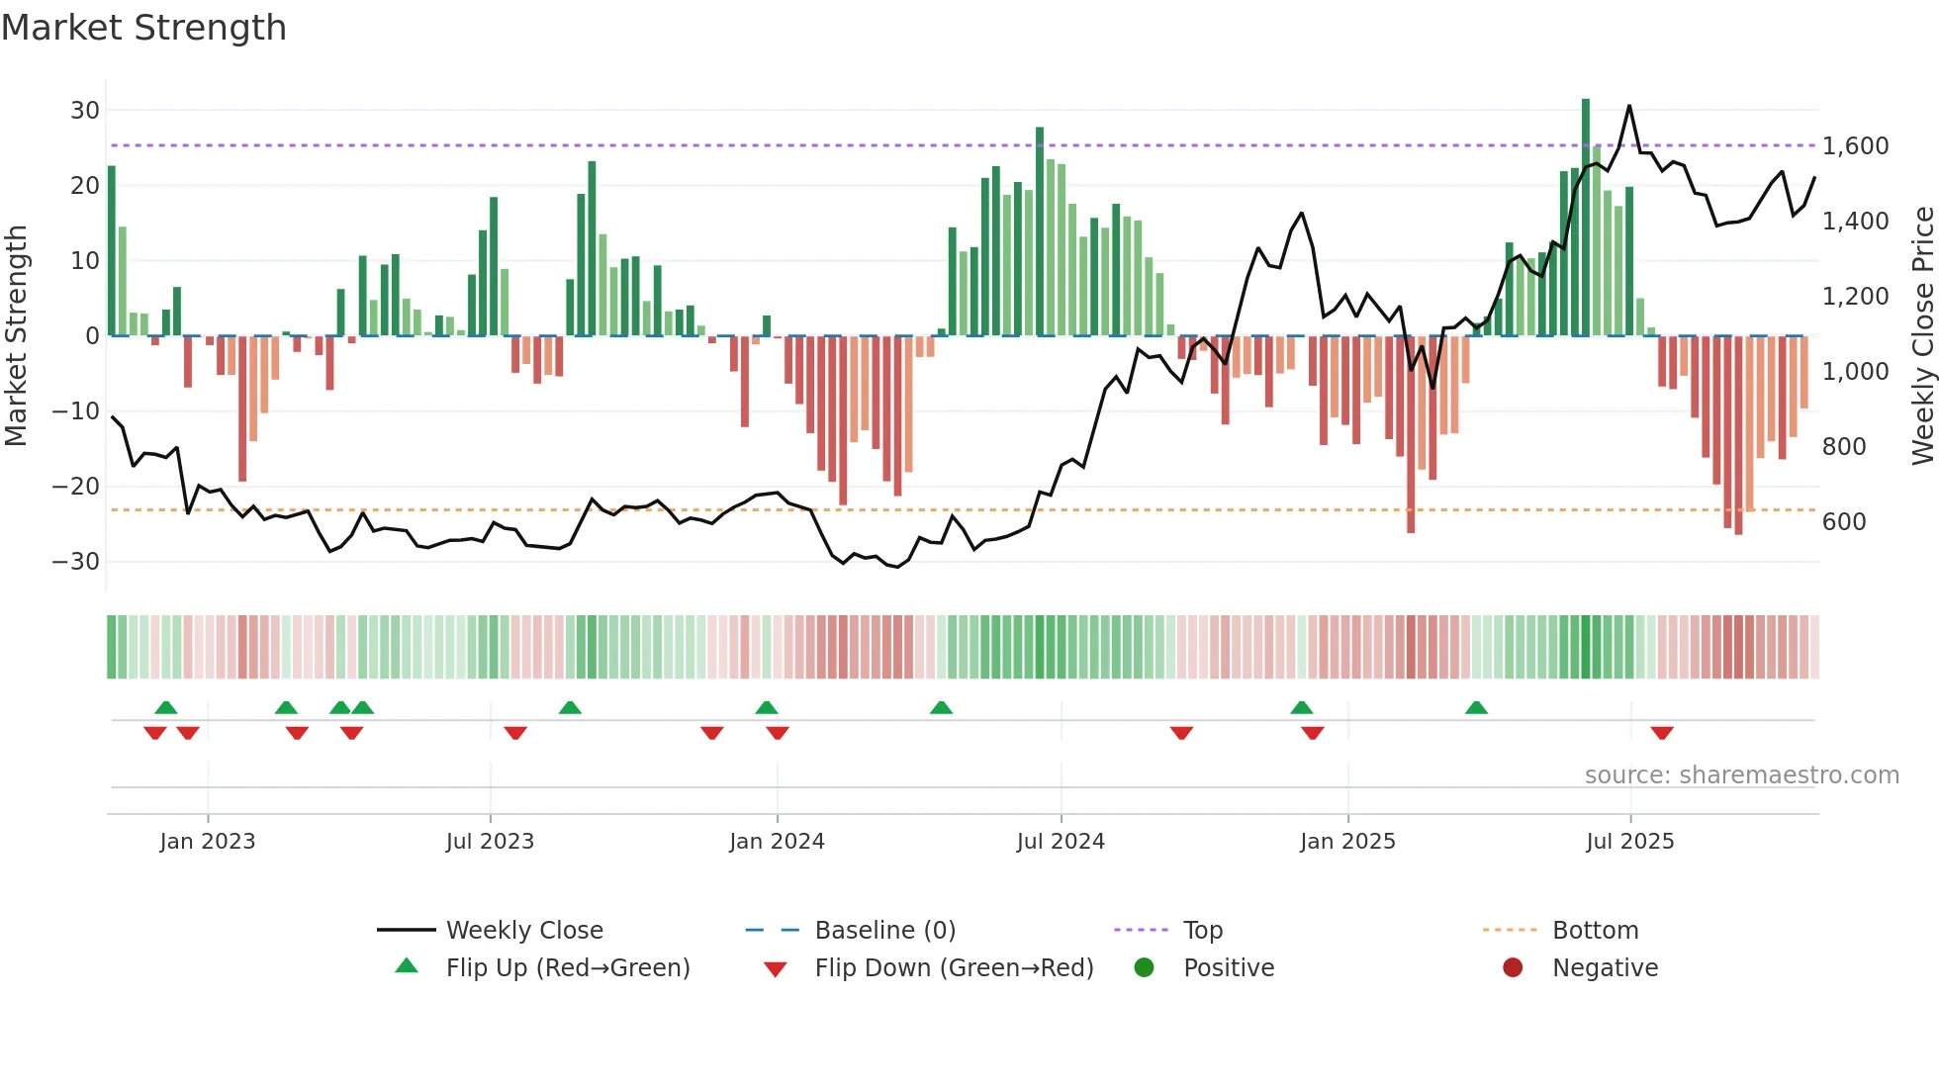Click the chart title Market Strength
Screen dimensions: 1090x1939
[x=143, y=28]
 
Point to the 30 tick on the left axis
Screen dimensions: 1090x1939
[x=85, y=111]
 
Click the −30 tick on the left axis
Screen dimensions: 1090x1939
[x=76, y=562]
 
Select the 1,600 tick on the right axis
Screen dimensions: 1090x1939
[x=1855, y=146]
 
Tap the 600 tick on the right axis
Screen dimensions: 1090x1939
[x=1844, y=522]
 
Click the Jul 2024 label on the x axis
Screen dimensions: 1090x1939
[x=1061, y=842]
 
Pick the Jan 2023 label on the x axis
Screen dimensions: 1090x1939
[x=208, y=842]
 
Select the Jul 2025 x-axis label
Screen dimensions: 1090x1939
[x=1629, y=842]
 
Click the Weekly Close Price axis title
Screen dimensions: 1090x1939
[x=1922, y=336]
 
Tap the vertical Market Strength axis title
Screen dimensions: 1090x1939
[x=16, y=336]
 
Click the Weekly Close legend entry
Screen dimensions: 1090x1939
[x=523, y=931]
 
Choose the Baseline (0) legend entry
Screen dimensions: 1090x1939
[x=884, y=931]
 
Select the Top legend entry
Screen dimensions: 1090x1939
[x=1202, y=931]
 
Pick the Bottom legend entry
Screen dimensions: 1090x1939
[x=1595, y=931]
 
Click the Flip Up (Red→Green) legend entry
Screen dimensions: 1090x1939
[x=567, y=968]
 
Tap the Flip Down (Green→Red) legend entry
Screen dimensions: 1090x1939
[x=954, y=968]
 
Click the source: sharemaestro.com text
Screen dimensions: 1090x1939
[x=1741, y=775]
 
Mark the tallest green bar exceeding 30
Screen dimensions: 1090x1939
[x=1586, y=218]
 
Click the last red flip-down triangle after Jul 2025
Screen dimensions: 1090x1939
[x=1662, y=733]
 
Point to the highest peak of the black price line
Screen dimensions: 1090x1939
[x=1629, y=106]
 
